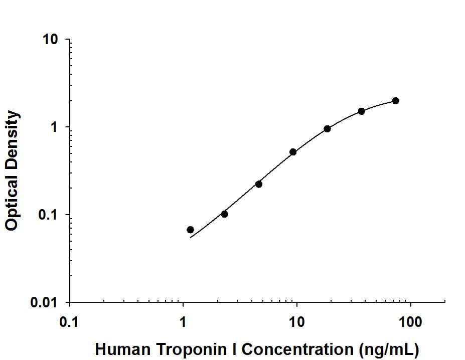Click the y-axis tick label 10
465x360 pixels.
51,40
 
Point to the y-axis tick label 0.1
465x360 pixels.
50,215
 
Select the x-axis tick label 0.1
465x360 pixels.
69,321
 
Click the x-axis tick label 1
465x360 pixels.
183,321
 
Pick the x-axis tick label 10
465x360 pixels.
297,321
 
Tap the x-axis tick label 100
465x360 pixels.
411,321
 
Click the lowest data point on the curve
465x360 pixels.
190,230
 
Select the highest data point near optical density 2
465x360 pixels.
396,101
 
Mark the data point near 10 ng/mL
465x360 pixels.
293,152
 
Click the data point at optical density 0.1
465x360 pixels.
224,214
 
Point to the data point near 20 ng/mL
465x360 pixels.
327,129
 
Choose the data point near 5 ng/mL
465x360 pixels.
259,184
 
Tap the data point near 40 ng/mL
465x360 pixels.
361,111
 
